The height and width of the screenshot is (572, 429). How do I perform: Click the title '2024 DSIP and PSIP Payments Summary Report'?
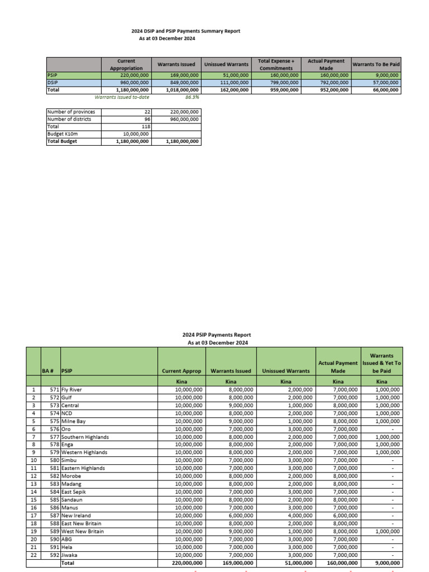point(185,31)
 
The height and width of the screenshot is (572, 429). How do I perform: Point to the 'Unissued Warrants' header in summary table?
point(226,64)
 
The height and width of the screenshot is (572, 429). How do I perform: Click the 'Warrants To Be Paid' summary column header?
point(376,64)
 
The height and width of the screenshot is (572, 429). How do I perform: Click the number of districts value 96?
point(146,118)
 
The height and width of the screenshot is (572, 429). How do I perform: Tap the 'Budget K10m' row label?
point(62,134)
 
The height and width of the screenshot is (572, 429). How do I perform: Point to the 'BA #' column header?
point(50,370)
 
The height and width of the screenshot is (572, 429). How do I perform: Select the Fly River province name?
point(74,389)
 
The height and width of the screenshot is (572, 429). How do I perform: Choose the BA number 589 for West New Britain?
point(54,531)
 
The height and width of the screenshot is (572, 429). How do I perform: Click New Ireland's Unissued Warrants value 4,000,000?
point(296,516)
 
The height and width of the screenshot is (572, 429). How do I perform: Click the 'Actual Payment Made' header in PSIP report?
point(337,366)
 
